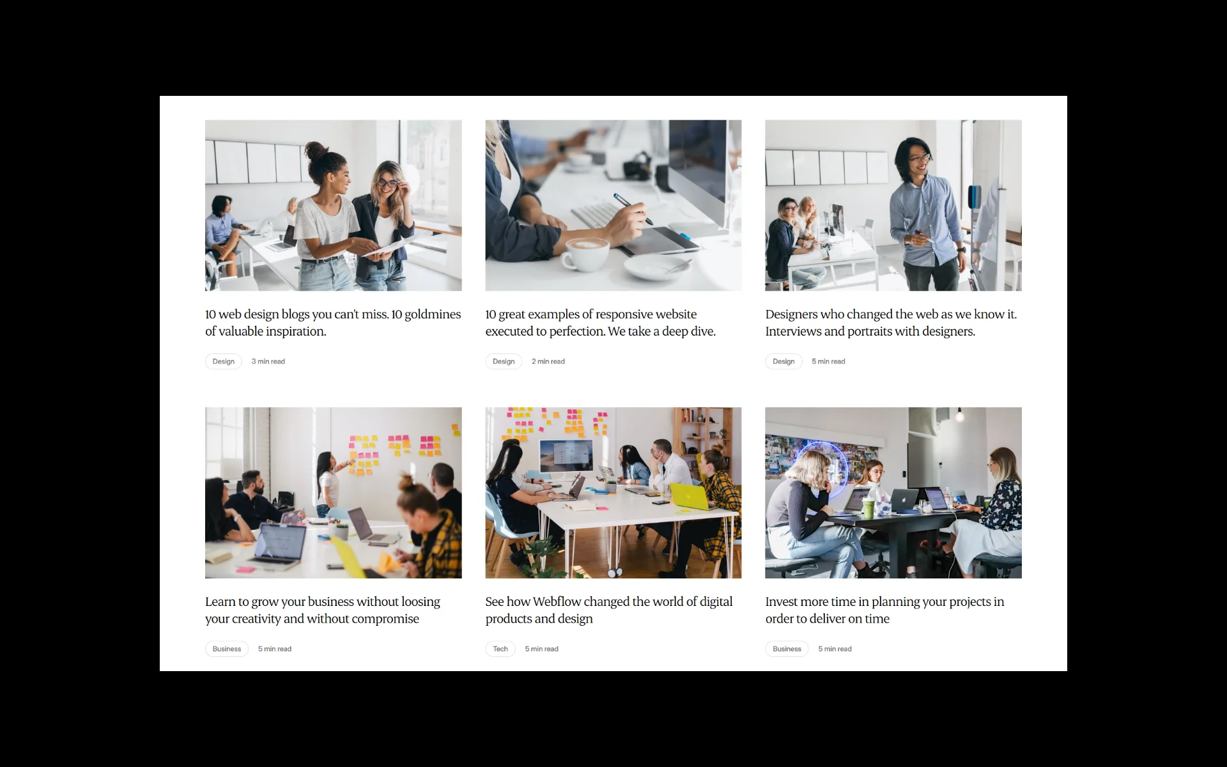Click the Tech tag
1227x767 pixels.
click(500, 649)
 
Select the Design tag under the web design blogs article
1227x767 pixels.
click(224, 361)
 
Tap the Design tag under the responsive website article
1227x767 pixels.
click(504, 361)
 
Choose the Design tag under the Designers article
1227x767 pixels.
click(783, 361)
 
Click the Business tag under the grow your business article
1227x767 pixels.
click(227, 649)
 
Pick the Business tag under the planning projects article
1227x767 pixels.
click(787, 649)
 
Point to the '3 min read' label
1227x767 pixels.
click(268, 361)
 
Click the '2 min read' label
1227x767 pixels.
click(548, 361)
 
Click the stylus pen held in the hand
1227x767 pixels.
click(633, 209)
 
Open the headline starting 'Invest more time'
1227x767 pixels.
click(884, 610)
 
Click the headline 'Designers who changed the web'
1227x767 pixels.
click(891, 323)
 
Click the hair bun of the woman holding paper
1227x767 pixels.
click(316, 151)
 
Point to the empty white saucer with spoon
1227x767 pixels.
click(657, 267)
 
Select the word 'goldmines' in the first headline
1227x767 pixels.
click(433, 314)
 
